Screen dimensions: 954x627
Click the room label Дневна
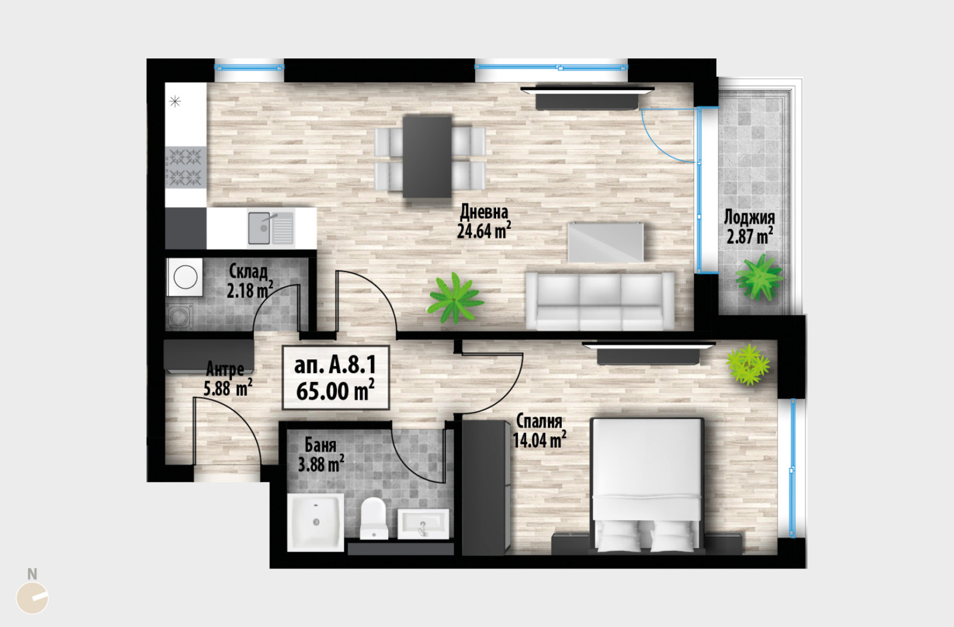484,212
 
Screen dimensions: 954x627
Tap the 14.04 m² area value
540,440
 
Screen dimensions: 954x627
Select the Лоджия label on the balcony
749,217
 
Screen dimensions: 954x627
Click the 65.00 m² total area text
335,391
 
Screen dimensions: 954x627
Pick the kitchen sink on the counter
271,229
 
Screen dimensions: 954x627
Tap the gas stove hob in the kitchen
185,167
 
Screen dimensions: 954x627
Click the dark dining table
427,157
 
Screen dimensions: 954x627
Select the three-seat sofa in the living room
600,301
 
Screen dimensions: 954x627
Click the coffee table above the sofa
605,242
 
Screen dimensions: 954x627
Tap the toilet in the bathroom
373,519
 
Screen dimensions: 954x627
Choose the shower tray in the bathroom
315,522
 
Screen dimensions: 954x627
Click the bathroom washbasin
423,523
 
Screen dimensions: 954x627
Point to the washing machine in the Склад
185,277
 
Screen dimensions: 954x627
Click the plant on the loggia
759,277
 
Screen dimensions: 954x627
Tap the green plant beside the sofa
456,297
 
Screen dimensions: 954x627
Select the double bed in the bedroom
647,486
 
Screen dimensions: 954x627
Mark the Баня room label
320,445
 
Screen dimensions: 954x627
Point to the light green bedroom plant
748,365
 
